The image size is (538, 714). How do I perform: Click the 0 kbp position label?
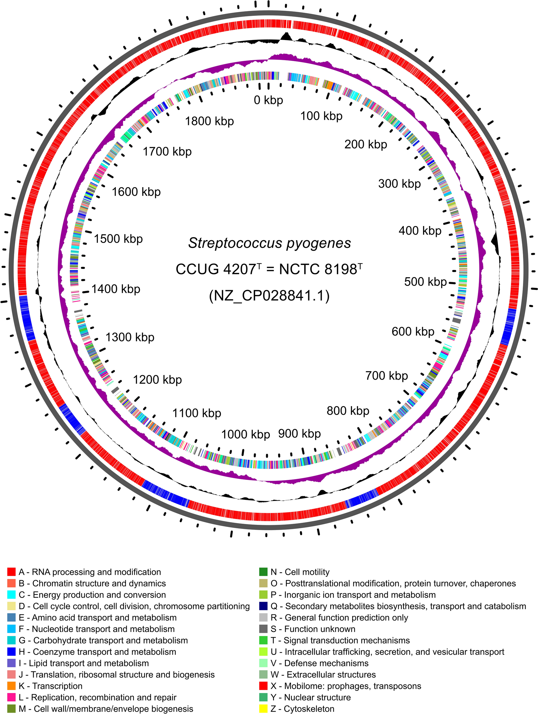[x=268, y=100]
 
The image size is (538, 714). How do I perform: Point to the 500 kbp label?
[x=425, y=282]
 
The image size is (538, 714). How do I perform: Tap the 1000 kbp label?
[x=245, y=434]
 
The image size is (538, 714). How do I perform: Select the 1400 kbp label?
[x=115, y=289]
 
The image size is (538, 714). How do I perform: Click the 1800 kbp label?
[x=209, y=121]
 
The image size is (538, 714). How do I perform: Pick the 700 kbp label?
[x=387, y=376]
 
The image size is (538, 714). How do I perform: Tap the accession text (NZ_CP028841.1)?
[x=269, y=296]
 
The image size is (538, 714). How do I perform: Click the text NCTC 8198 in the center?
[x=318, y=269]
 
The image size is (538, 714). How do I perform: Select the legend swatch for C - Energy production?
[x=11, y=595]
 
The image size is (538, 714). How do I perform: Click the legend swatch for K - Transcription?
[x=11, y=686]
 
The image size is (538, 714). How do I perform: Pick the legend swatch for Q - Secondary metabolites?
[x=264, y=606]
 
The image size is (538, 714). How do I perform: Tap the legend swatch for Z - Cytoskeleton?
[x=264, y=709]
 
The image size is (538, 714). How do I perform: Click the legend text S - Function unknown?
[x=312, y=629]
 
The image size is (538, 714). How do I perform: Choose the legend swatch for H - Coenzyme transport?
[x=11, y=652]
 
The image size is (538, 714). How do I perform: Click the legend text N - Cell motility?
[x=300, y=572]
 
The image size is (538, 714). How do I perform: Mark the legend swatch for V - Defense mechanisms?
[x=264, y=663]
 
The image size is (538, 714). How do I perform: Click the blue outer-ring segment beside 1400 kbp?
[x=27, y=318]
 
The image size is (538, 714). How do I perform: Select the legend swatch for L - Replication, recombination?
[x=11, y=697]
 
